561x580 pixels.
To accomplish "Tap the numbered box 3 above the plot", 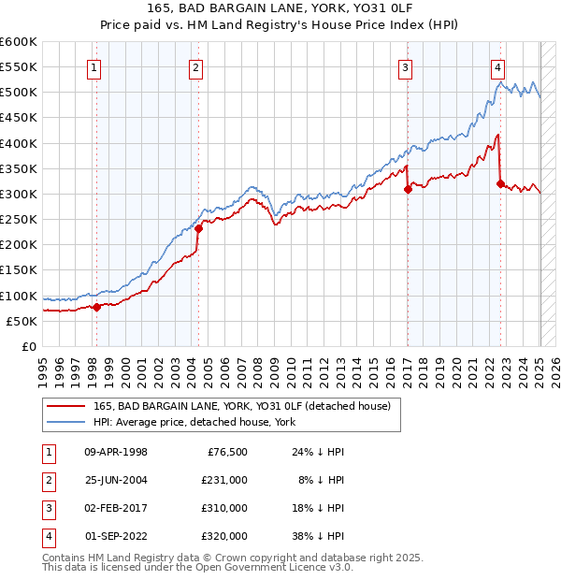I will tap(406, 67).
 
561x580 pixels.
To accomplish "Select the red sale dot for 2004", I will tap(199, 227).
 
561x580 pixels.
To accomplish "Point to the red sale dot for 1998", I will tap(96, 306).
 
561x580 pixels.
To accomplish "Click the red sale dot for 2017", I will tap(408, 189).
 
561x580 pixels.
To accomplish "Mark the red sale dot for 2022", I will tap(501, 183).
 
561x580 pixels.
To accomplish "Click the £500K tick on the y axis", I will tap(19, 93).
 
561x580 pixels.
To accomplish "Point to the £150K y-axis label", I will tap(19, 270).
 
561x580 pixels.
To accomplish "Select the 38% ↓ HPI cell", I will tap(318, 537).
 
